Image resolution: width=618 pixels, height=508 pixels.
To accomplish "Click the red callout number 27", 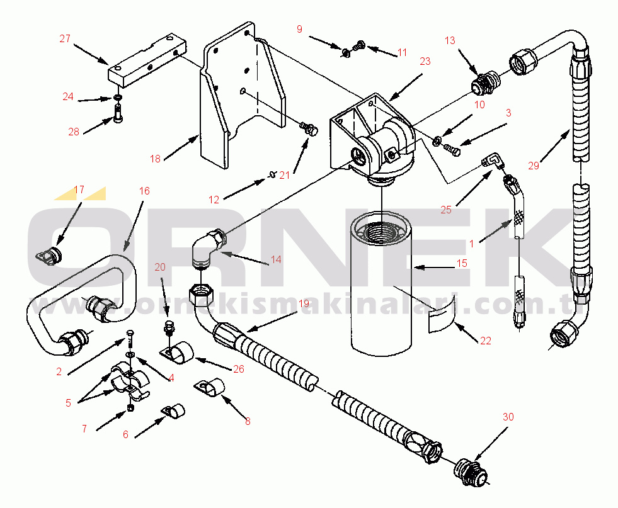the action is [65, 38].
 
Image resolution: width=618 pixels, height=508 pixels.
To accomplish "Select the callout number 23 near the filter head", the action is [425, 62].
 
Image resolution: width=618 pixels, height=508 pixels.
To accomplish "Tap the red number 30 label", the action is [508, 417].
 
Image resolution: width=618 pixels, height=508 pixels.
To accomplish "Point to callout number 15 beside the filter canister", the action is [462, 263].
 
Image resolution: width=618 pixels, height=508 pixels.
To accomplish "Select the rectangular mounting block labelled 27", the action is [147, 59].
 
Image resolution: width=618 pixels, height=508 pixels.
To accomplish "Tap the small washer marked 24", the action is [117, 98].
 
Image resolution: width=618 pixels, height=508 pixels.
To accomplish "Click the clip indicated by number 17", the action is [49, 256].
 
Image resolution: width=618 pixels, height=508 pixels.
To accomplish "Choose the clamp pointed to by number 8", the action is [210, 387].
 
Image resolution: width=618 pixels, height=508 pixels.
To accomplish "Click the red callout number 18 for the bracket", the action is [156, 159].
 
